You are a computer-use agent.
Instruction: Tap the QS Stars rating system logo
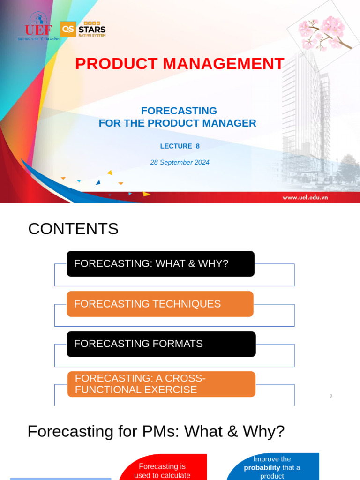83,30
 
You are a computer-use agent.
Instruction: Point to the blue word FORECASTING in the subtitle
179,111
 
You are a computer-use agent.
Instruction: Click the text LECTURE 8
180,146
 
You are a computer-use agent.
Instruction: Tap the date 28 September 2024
180,162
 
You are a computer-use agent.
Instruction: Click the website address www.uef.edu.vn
305,197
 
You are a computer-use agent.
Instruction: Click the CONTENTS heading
73,229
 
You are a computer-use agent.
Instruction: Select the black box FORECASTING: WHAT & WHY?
160,263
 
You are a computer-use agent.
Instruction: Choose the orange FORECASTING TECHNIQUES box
160,304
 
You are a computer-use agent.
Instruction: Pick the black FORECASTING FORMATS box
161,344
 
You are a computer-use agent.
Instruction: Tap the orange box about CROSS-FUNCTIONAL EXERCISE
161,384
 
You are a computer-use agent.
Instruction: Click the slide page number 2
331,396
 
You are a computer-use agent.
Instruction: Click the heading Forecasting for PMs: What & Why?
156,431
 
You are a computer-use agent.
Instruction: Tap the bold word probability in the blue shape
262,467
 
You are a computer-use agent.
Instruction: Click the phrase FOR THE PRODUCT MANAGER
177,123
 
